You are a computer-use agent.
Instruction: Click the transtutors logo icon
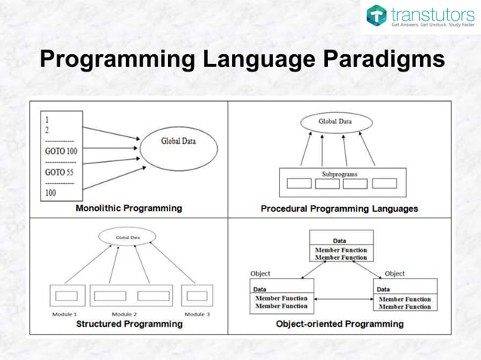pyautogui.click(x=377, y=16)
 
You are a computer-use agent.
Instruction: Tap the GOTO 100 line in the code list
pyautogui.click(x=61, y=151)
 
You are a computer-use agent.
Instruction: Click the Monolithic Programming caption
pyautogui.click(x=128, y=208)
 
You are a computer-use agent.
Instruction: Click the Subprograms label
pyautogui.click(x=340, y=174)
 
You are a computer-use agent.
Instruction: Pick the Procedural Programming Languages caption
pyautogui.click(x=339, y=209)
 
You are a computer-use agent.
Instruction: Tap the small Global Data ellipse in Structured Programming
pyautogui.click(x=126, y=237)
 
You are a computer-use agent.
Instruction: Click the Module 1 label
pyautogui.click(x=66, y=313)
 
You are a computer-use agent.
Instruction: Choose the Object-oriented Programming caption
pyautogui.click(x=339, y=324)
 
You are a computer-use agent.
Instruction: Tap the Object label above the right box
pyautogui.click(x=394, y=273)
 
